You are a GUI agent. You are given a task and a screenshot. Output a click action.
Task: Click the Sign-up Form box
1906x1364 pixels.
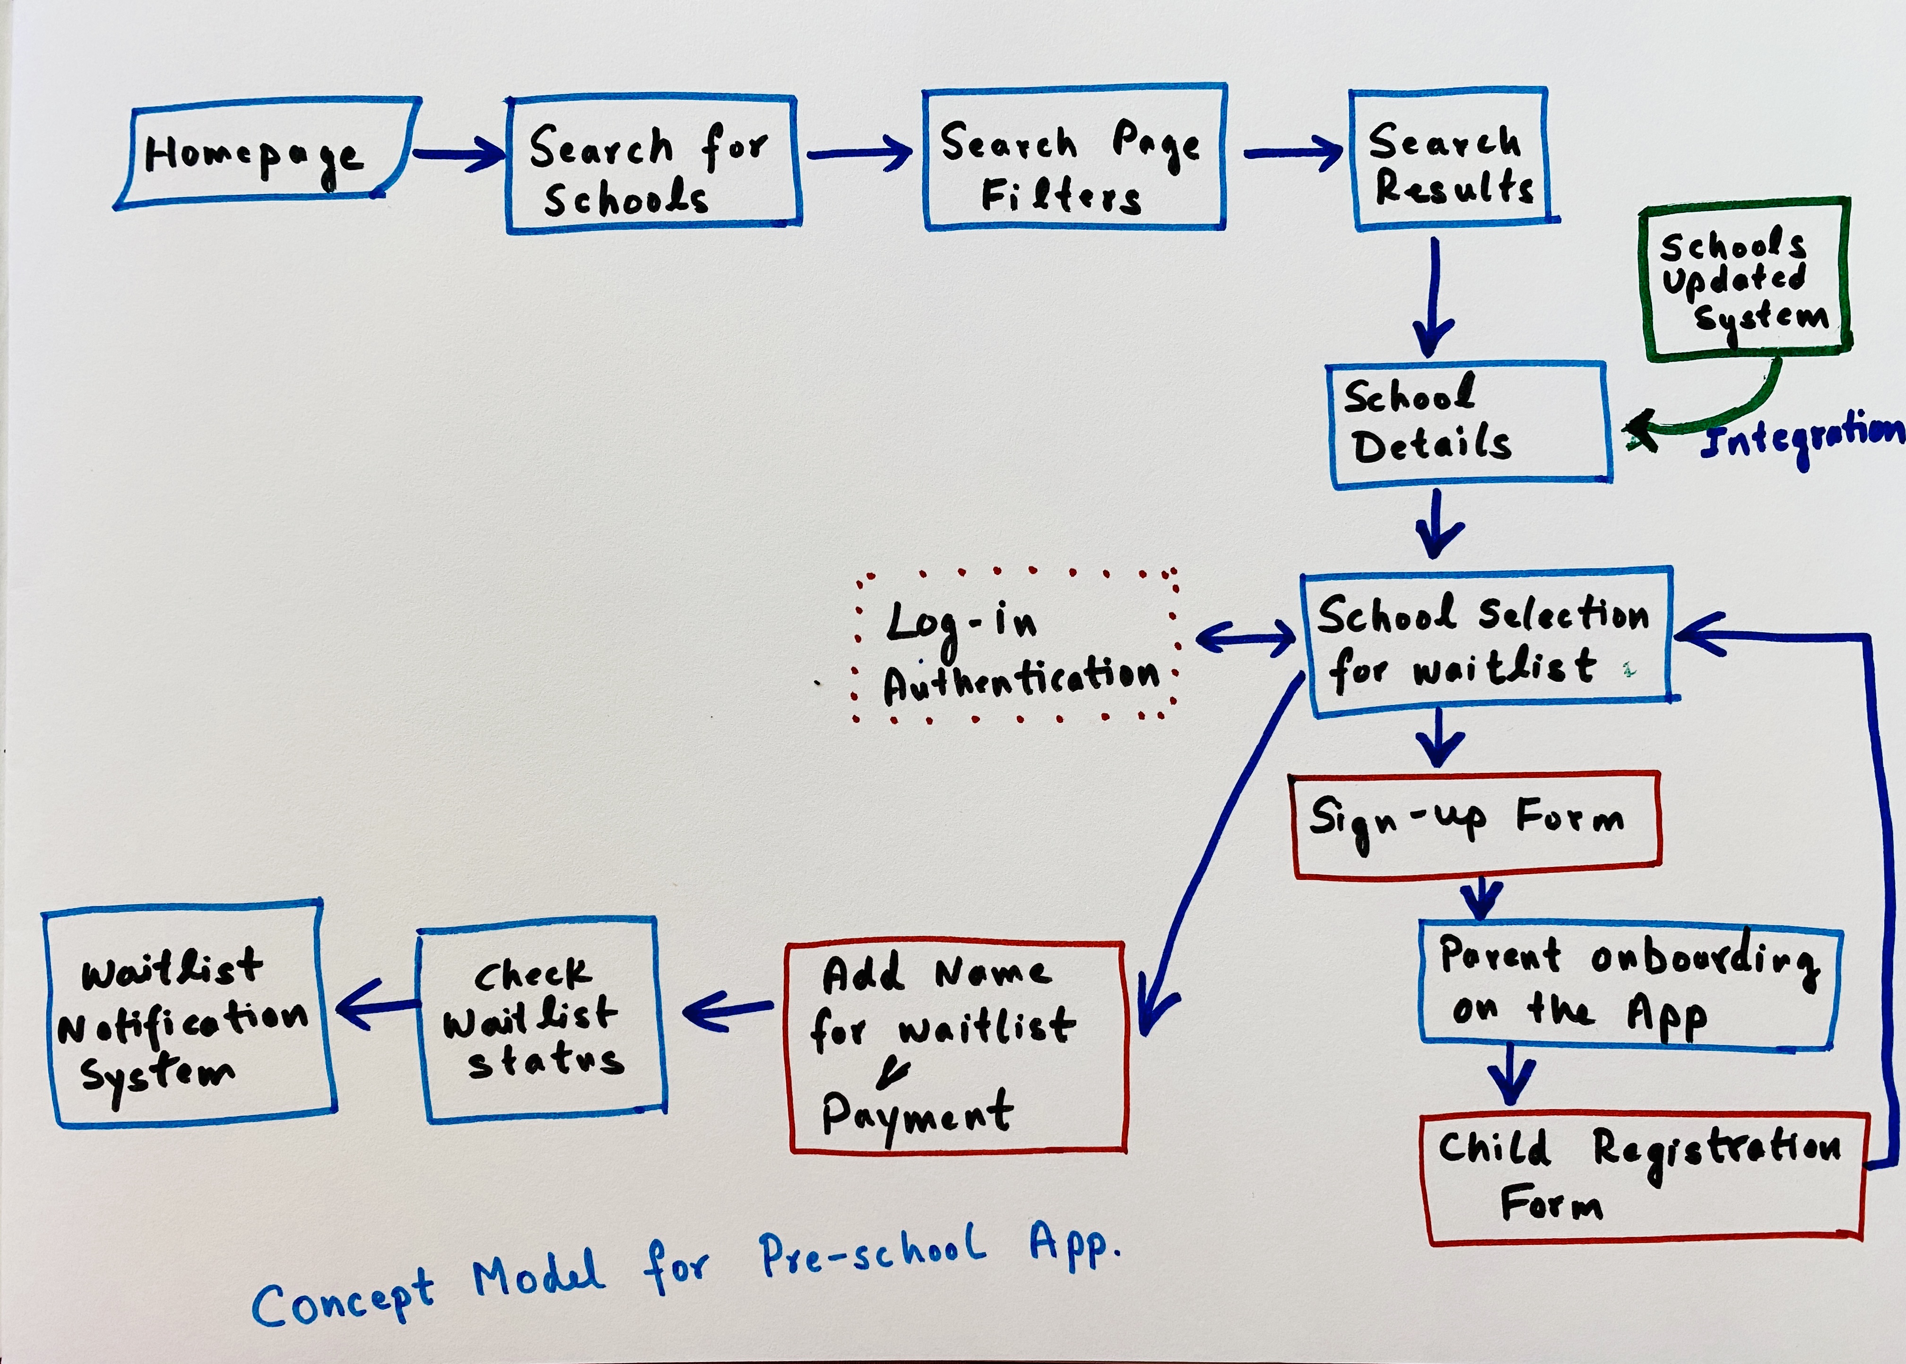pyautogui.click(x=1475, y=825)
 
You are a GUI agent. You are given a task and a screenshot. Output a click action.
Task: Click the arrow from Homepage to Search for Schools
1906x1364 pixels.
pyautogui.click(x=458, y=154)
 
